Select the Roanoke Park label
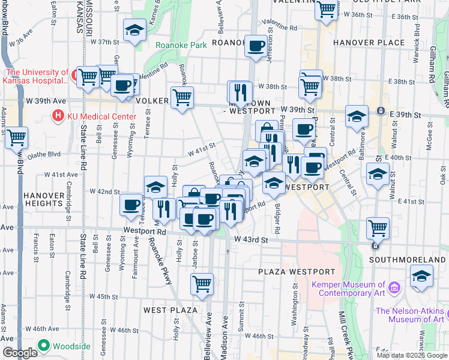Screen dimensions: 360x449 [181, 45]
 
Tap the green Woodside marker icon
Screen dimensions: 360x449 [43, 346]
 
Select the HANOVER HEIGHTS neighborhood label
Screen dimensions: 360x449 [43, 200]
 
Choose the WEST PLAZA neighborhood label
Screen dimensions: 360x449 [170, 310]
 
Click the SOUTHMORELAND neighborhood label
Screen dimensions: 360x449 [408, 260]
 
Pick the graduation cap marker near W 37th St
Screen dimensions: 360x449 [134, 30]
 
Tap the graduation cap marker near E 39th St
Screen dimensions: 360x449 [357, 116]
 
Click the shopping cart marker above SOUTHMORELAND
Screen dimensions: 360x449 [378, 228]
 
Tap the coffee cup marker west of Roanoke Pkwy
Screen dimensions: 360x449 [131, 205]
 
